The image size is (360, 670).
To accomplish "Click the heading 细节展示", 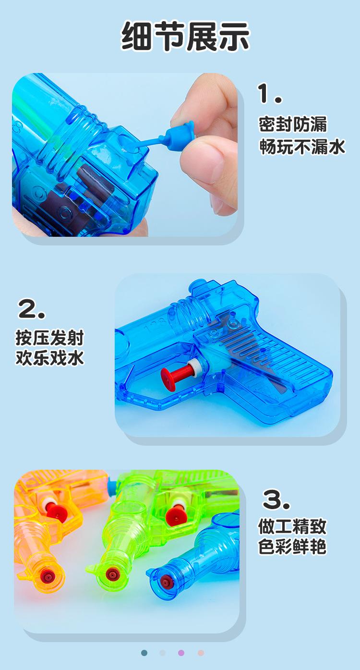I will click(x=185, y=36).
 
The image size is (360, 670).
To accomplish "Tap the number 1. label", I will click(x=269, y=93).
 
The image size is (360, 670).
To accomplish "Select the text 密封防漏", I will click(x=293, y=124).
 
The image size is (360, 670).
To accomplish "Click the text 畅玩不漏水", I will click(x=302, y=146).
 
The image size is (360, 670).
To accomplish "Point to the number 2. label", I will click(x=32, y=309).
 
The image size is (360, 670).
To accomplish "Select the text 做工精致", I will click(x=292, y=526).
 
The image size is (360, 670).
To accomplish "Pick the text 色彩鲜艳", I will click(x=292, y=547).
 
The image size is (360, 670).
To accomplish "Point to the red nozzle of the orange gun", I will click(x=47, y=575).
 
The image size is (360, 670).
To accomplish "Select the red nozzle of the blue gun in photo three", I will click(x=166, y=582).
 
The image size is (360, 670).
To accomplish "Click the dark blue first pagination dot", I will click(x=144, y=653).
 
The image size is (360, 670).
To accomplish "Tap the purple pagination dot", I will click(x=181, y=653).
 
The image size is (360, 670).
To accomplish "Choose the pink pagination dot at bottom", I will click(x=201, y=653).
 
